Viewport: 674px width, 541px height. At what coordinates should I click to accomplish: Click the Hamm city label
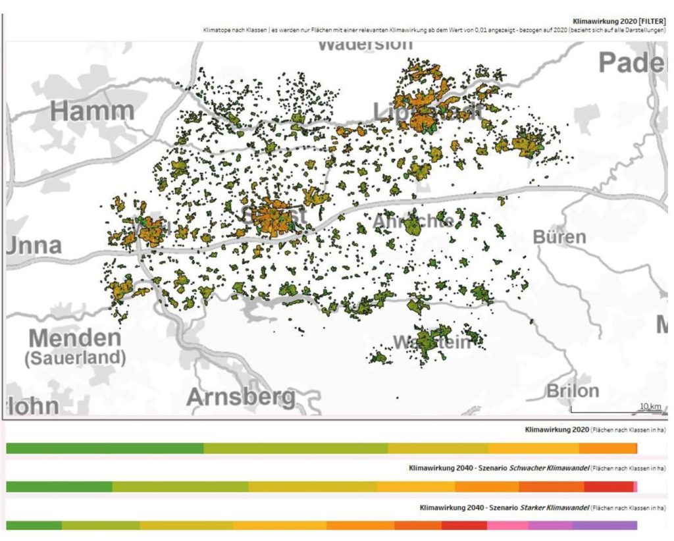[92, 111]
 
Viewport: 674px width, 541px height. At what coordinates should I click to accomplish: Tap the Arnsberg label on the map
[240, 397]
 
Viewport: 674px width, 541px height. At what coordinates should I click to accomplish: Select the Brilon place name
[573, 391]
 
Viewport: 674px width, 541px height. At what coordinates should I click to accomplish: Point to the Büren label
[559, 236]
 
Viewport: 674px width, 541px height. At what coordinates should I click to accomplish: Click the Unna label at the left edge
[34, 245]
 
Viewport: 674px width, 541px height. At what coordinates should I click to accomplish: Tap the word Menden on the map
[75, 339]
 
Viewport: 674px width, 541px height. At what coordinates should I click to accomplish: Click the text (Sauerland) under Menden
[75, 359]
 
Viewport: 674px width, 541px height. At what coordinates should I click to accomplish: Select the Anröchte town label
[412, 222]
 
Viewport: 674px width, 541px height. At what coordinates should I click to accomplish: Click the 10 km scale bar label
[650, 406]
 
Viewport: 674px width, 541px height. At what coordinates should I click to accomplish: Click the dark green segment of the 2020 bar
[105, 448]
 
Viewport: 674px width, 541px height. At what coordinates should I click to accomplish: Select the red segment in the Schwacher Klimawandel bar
[608, 486]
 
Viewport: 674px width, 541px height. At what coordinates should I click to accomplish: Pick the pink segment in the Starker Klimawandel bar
[507, 525]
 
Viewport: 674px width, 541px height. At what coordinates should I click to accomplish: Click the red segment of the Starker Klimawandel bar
[464, 525]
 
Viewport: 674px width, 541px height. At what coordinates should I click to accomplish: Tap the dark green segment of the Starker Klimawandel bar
[34, 525]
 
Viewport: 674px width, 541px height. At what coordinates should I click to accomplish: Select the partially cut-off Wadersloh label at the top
[365, 45]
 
